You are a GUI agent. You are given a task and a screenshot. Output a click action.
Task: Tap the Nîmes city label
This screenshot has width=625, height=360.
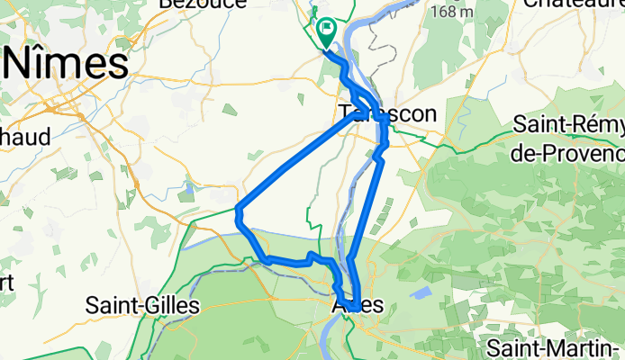[x=68, y=66]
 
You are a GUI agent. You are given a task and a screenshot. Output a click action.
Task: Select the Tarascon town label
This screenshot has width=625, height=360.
[x=387, y=113]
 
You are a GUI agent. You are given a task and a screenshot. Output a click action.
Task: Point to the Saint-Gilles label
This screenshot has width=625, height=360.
[x=142, y=306]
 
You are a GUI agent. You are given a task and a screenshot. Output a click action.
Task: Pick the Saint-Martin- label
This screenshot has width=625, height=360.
[x=553, y=346]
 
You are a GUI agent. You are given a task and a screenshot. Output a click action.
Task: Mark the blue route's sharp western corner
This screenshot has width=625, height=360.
[x=237, y=211]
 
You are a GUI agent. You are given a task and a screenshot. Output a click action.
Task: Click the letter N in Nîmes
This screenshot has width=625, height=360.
[x=23, y=66]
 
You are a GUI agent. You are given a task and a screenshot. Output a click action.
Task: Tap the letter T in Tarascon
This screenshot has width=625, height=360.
[x=347, y=113]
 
